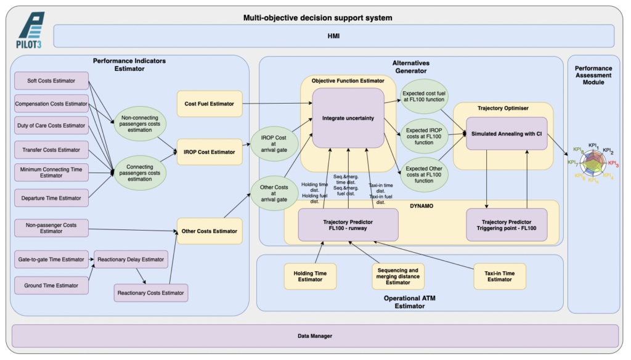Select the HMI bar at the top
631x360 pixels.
(x=333, y=36)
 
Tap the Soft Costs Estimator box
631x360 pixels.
(x=51, y=81)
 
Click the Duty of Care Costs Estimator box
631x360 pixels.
(x=51, y=126)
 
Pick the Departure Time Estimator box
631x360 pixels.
(x=51, y=198)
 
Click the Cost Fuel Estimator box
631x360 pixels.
(x=210, y=104)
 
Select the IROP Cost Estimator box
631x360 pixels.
(x=210, y=152)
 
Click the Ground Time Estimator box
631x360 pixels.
(x=51, y=285)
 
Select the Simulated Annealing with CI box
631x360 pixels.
(x=507, y=133)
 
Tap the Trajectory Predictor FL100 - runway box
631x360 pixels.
(x=348, y=225)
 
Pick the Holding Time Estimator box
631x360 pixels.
(x=310, y=276)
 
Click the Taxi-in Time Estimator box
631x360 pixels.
(x=500, y=276)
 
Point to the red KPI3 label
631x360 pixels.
(x=613, y=163)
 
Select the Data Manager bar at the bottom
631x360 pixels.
(x=315, y=336)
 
